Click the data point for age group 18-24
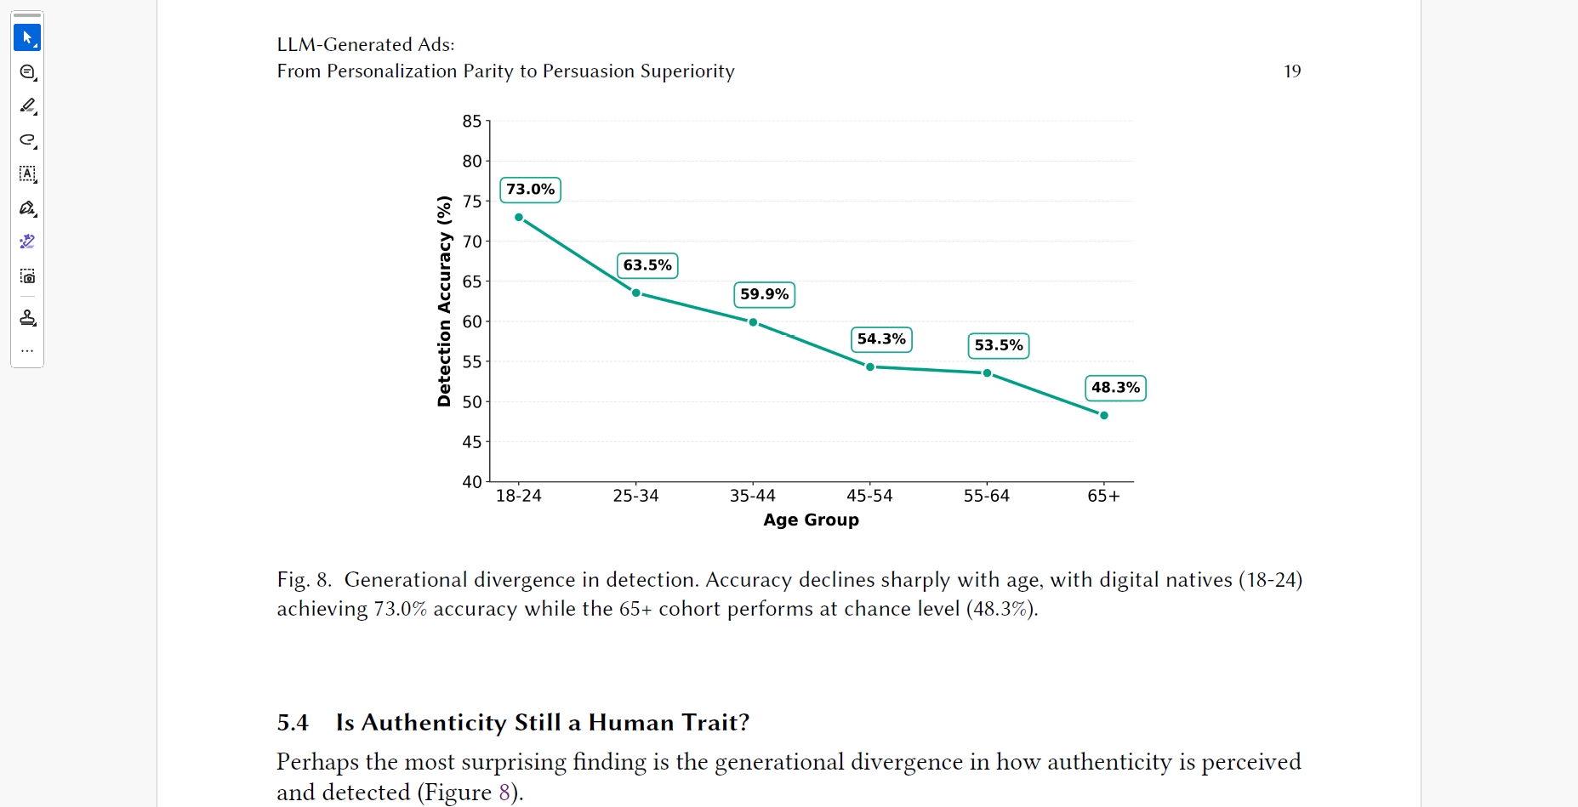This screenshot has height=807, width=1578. pyautogui.click(x=519, y=218)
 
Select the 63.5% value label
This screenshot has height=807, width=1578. pyautogui.click(x=647, y=265)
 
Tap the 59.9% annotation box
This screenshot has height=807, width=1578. pyautogui.click(x=764, y=294)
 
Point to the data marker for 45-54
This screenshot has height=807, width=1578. pyautogui.click(x=869, y=367)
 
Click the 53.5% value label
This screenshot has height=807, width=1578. pyautogui.click(x=998, y=345)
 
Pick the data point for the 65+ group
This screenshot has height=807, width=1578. pyautogui.click(x=1103, y=416)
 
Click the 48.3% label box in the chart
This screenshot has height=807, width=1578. pyautogui.click(x=1115, y=388)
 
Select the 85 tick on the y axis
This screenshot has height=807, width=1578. pyautogui.click(x=472, y=122)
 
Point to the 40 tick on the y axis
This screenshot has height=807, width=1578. pyautogui.click(x=472, y=482)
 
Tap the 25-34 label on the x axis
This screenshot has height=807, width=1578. pyautogui.click(x=635, y=496)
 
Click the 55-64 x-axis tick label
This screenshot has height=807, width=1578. pyautogui.click(x=986, y=496)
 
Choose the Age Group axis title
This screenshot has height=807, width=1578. pyautogui.click(x=811, y=520)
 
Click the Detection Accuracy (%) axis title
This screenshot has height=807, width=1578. pyautogui.click(x=444, y=301)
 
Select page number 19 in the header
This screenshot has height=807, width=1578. pyautogui.click(x=1292, y=71)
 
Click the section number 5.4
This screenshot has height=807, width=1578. pyautogui.click(x=293, y=723)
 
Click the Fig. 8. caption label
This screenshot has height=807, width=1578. pyautogui.click(x=304, y=580)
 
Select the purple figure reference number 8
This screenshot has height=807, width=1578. pyautogui.click(x=504, y=793)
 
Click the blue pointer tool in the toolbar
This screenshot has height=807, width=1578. pyautogui.click(x=27, y=37)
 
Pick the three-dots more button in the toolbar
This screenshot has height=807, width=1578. pyautogui.click(x=27, y=350)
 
